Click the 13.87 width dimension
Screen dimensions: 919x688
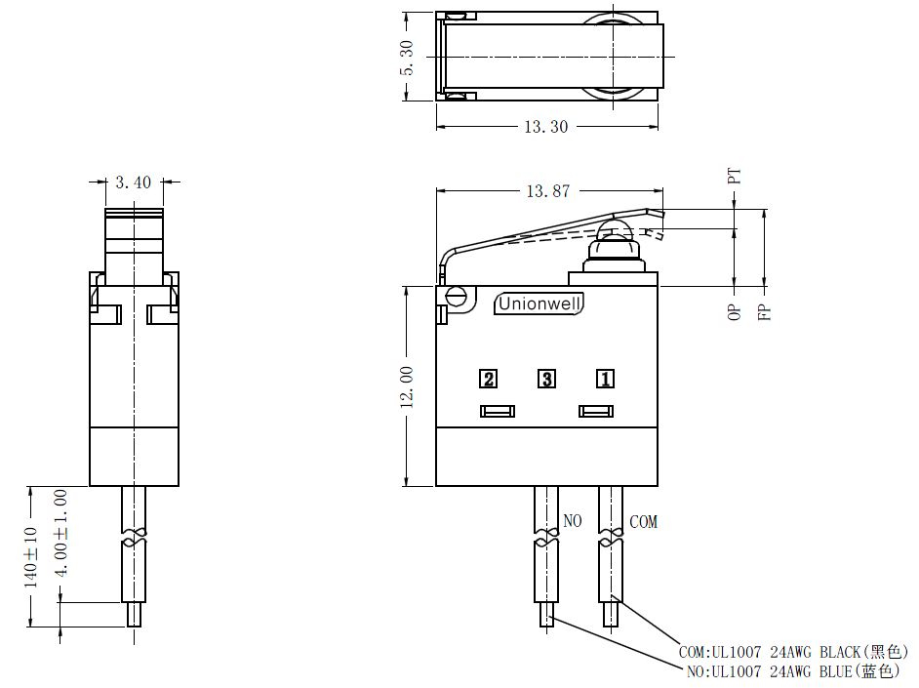[x=547, y=191]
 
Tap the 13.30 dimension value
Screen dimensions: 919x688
[x=545, y=127]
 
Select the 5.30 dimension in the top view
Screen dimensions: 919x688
[x=407, y=58]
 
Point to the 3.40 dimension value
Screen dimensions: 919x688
[x=133, y=182]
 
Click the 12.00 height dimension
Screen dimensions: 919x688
[x=407, y=386]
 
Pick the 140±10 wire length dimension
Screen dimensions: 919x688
[x=30, y=557]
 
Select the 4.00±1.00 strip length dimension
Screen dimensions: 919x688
[x=60, y=533]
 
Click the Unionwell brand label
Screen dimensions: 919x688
[x=539, y=304]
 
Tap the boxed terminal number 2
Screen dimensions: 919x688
[x=488, y=380]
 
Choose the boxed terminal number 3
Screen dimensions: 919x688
[x=547, y=380]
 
